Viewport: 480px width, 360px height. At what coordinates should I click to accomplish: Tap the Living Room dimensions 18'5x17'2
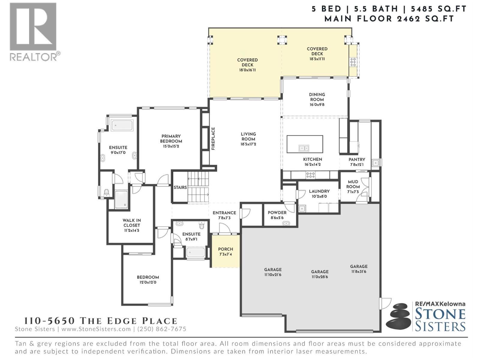(x=248, y=144)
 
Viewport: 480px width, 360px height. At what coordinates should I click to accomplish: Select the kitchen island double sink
(x=304, y=148)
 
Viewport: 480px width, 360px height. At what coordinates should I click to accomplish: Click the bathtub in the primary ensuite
(x=122, y=125)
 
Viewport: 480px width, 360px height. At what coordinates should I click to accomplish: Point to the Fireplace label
(x=213, y=139)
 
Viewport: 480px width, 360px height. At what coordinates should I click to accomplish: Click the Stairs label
(x=180, y=187)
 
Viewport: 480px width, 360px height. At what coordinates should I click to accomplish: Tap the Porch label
(x=226, y=249)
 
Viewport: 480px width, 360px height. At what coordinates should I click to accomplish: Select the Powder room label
(x=277, y=213)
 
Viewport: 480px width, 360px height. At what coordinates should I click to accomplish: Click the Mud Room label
(x=353, y=184)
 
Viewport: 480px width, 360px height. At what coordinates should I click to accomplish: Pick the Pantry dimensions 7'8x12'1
(x=357, y=165)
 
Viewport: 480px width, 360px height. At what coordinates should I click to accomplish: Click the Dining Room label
(x=317, y=97)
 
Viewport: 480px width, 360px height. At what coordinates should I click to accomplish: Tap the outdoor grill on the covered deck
(x=353, y=62)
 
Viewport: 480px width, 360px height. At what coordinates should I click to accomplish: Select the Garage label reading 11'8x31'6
(x=359, y=269)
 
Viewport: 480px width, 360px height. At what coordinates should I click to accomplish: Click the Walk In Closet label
(x=132, y=223)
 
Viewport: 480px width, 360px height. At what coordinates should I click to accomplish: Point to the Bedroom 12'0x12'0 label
(x=148, y=277)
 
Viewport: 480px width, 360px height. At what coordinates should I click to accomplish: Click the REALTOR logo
(x=33, y=31)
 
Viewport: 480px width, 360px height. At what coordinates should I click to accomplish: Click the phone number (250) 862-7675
(x=162, y=329)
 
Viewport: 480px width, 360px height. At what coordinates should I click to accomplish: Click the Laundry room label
(x=319, y=191)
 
